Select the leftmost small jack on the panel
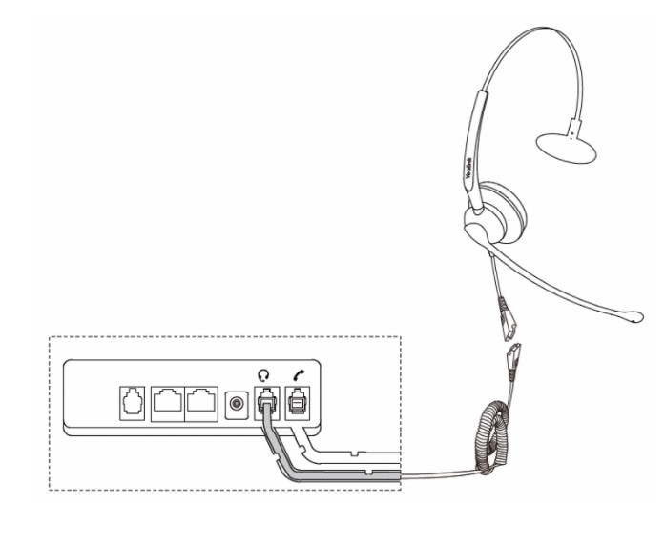click(x=132, y=403)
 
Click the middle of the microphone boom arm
click(x=563, y=280)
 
